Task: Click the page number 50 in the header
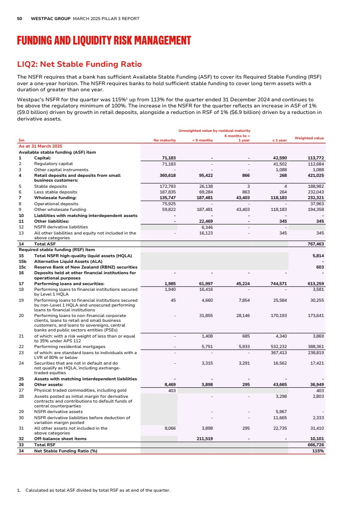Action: [19, 19]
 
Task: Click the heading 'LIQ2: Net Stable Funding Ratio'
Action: [79, 64]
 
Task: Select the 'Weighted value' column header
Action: [309, 138]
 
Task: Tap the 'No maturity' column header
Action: [165, 140]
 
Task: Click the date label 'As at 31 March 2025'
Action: [41, 145]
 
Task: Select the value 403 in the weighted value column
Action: [319, 391]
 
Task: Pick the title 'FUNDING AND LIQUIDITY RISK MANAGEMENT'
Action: [104, 41]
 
